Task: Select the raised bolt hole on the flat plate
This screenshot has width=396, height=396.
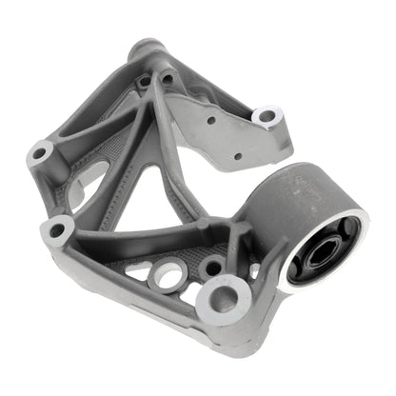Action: tap(267, 117)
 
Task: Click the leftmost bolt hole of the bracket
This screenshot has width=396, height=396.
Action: tap(40, 151)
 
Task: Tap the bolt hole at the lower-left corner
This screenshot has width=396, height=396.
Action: tap(59, 228)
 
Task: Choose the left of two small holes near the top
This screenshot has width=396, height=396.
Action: tap(145, 82)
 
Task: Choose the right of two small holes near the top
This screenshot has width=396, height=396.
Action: tap(168, 78)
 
